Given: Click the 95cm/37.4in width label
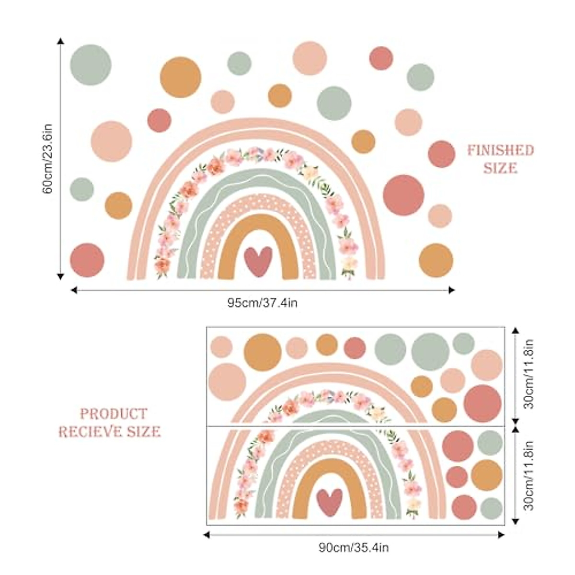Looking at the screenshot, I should tap(262, 303).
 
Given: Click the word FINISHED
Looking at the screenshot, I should tap(500, 151).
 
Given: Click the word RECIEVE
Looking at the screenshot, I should tap(91, 432).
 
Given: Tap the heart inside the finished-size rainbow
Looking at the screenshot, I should tap(258, 261).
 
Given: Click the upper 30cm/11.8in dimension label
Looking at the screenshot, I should tap(529, 374).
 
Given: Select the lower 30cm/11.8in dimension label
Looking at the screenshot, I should tap(529, 475).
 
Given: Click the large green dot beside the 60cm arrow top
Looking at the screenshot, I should tap(91, 65).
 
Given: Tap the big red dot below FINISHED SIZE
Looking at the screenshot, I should tap(404, 195).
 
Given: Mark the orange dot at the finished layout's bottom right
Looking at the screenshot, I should tap(436, 260).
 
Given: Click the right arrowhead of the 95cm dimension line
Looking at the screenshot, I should tap(451, 289).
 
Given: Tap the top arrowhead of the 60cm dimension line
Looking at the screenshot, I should tap(60, 41).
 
